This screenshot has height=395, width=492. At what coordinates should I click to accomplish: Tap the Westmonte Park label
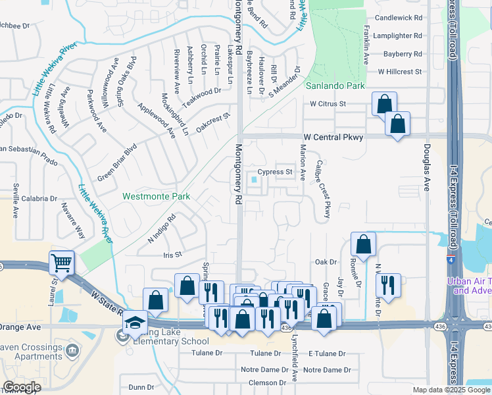point(156,196)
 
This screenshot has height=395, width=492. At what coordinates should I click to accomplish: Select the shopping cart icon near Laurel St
point(61,263)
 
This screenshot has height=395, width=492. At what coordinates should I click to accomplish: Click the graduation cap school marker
point(135,323)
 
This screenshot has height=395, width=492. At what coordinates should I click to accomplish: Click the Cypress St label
point(275,172)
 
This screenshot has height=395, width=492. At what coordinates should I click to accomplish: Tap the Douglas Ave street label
point(427,167)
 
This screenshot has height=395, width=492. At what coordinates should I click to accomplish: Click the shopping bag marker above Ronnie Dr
point(363,244)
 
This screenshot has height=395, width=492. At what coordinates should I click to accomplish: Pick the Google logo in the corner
point(22,387)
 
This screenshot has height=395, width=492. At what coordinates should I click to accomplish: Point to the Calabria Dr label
point(39,198)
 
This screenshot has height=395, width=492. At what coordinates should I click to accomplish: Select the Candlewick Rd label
point(397,19)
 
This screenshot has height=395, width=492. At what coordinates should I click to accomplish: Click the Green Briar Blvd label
point(116,163)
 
